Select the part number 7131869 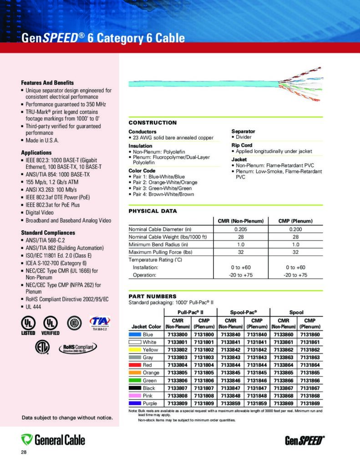[309, 403]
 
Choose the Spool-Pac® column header [243, 312]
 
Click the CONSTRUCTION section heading [152, 123]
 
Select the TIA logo [100, 322]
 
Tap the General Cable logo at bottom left [53, 440]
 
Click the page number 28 [24, 452]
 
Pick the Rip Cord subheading [242, 145]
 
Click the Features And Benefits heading [47, 83]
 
